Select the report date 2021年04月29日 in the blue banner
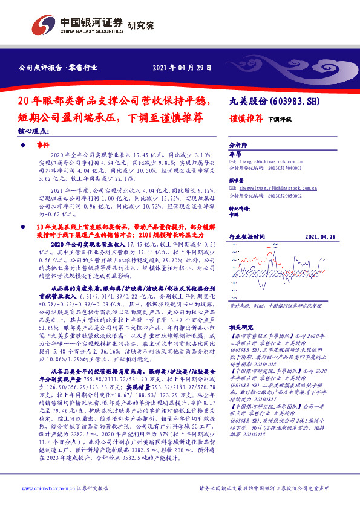coord(182,67)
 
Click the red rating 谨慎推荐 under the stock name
coord(245,118)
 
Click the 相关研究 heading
coord(241,325)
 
